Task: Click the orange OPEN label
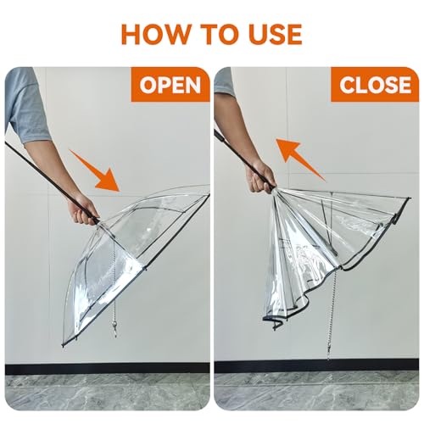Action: (x=170, y=85)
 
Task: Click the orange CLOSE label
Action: (x=375, y=85)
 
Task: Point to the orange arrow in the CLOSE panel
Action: (x=300, y=159)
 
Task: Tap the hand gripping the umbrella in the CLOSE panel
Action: (x=260, y=176)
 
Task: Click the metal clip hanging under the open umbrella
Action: (x=114, y=329)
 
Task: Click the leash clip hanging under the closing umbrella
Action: (x=328, y=353)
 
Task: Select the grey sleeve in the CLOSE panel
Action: (x=225, y=82)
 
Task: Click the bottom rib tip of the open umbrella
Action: (x=63, y=345)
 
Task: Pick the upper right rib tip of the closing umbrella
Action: (x=409, y=199)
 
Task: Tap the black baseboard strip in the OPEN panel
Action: (x=108, y=369)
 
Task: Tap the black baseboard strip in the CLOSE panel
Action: (x=316, y=366)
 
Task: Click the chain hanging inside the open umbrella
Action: (x=114, y=282)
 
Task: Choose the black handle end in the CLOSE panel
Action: (x=219, y=137)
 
